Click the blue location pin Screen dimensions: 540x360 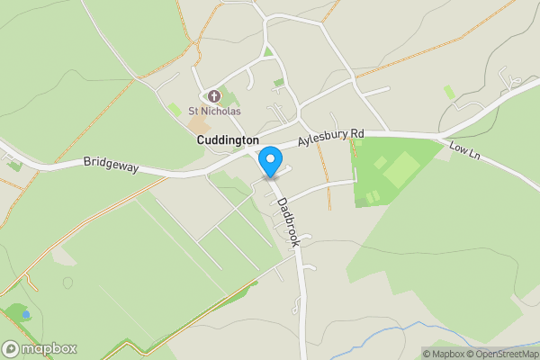click(x=269, y=163)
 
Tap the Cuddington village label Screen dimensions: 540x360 click(x=228, y=140)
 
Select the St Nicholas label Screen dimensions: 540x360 click(x=214, y=112)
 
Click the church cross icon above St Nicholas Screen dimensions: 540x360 click(x=213, y=95)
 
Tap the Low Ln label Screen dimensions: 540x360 click(x=465, y=150)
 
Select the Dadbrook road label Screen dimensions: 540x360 click(x=287, y=222)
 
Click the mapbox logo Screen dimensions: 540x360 click(x=40, y=348)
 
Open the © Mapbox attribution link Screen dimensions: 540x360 click(x=448, y=353)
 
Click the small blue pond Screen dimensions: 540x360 click(x=26, y=315)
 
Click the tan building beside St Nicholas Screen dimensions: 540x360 click(x=198, y=121)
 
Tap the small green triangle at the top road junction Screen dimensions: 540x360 click(x=268, y=51)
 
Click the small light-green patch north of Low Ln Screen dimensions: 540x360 click(x=448, y=92)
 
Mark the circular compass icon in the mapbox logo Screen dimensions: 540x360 click(x=12, y=348)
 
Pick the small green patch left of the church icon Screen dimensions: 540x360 click(x=174, y=108)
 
